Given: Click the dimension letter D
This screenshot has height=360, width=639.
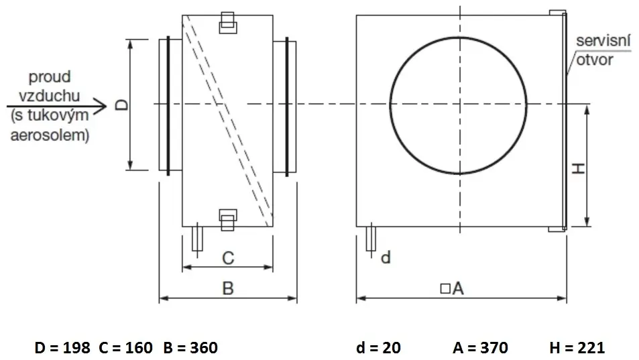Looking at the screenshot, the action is (x=121, y=105).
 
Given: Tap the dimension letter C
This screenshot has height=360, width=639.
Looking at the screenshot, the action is (x=228, y=258).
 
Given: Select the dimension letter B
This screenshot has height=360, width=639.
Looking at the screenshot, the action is (x=228, y=288).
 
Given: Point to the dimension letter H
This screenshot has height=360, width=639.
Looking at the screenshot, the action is (x=578, y=168).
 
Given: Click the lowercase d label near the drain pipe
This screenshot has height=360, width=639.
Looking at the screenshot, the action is (x=386, y=257).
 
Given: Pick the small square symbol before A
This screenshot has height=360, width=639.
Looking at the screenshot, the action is (x=445, y=288).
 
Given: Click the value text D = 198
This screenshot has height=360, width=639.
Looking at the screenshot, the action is (x=62, y=348).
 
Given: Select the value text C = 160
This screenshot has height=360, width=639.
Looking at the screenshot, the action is (x=125, y=348).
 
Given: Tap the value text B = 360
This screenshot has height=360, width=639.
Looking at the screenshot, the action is (x=190, y=348).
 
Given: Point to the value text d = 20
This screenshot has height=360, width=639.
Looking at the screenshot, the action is (x=378, y=348).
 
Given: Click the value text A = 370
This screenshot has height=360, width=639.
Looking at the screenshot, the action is (x=480, y=348).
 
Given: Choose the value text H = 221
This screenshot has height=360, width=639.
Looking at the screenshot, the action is (x=577, y=348).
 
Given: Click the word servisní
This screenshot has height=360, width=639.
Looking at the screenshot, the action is (x=603, y=41).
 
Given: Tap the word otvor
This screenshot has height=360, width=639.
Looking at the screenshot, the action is (x=595, y=60).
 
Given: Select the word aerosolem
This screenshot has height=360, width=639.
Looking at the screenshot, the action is (x=50, y=135).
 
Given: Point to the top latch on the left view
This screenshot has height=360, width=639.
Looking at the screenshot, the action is (x=228, y=22).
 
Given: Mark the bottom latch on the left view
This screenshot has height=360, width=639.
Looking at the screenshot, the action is (x=228, y=220).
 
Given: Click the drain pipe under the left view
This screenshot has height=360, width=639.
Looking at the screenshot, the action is (x=197, y=239).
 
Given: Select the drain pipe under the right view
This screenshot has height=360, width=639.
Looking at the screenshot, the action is (x=371, y=239).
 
